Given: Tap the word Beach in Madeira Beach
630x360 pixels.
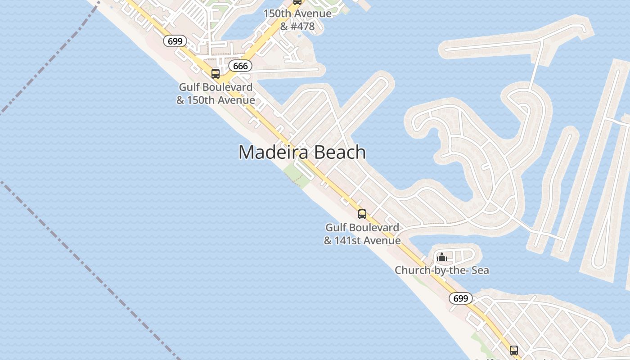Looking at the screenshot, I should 340,152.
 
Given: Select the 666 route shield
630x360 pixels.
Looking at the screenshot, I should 240,66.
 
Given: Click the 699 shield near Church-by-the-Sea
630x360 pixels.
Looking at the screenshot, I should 460,298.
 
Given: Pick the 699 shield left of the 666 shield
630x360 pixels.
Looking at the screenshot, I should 175,41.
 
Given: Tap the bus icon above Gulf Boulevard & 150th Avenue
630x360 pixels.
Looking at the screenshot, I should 216,73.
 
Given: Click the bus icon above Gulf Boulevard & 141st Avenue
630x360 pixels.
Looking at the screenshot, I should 362,214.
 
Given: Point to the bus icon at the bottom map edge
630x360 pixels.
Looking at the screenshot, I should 514,350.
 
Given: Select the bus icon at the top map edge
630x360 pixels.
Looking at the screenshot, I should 297,2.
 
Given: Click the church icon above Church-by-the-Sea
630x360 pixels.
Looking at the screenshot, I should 442,257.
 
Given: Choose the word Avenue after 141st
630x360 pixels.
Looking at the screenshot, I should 383,240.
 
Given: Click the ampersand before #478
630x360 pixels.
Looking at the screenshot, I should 284,27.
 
